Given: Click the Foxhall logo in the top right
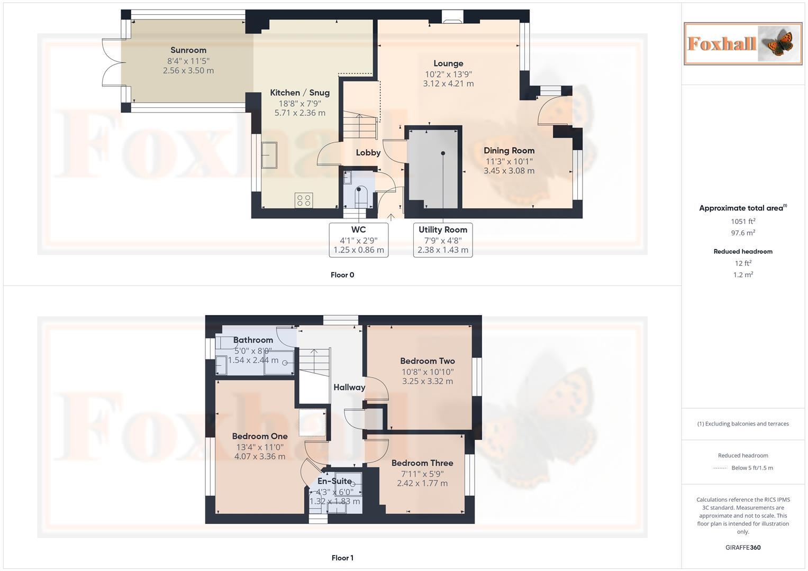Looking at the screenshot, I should (x=742, y=43).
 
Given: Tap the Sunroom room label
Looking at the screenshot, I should (x=188, y=50).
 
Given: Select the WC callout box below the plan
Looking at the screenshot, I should (x=358, y=240).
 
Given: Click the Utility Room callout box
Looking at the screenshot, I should (x=443, y=240).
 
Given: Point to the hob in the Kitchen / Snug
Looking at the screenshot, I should (x=304, y=200).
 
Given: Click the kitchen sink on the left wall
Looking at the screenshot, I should (x=269, y=155).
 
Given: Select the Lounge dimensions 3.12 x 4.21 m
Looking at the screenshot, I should (x=448, y=84).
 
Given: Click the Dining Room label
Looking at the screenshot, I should (x=509, y=151).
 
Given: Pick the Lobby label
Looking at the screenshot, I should (x=368, y=153).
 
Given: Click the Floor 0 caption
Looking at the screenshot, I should (x=342, y=275).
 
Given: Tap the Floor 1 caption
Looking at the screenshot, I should (x=342, y=558).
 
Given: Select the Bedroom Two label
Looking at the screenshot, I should (x=428, y=361).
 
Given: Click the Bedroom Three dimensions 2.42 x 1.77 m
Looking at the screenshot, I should (x=422, y=483).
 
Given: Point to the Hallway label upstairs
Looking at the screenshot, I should (x=349, y=388).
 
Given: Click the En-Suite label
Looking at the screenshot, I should (x=334, y=481).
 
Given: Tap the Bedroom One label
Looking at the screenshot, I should (x=260, y=436).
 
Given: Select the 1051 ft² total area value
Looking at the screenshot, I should (x=743, y=222).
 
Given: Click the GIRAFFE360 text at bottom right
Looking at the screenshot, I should (x=743, y=547).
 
